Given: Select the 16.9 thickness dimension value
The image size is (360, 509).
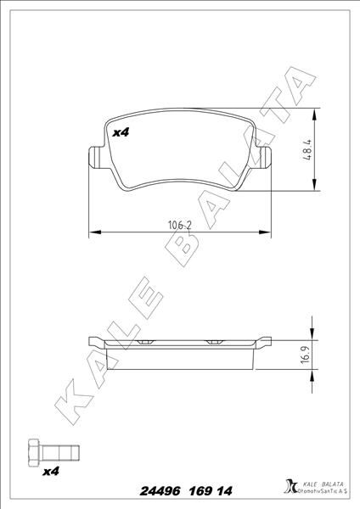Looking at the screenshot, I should click(x=303, y=354).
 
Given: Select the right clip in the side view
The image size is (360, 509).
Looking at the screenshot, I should click(x=213, y=341).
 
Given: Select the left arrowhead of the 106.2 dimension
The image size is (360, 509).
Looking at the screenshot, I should click(x=93, y=232).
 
